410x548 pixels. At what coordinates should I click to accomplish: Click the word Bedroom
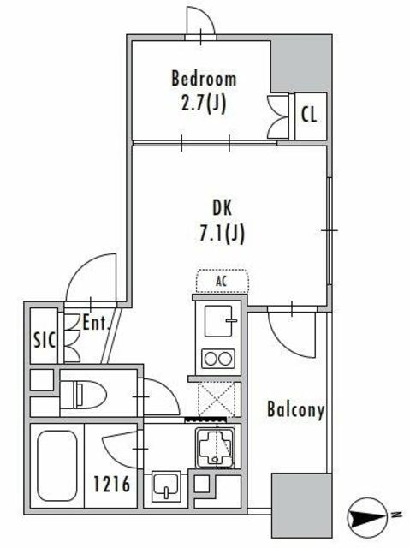pyautogui.click(x=204, y=79)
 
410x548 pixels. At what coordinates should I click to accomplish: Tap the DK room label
pyautogui.click(x=222, y=208)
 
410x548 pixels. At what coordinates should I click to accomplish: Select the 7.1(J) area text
pyautogui.click(x=222, y=233)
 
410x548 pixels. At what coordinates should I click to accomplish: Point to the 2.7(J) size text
pyautogui.click(x=204, y=103)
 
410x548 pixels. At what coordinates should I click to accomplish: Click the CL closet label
pyautogui.click(x=309, y=114)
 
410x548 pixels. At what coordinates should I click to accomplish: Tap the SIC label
pyautogui.click(x=44, y=340)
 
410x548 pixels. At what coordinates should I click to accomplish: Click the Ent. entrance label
pyautogui.click(x=97, y=323)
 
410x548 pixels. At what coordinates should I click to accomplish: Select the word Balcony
pyautogui.click(x=296, y=409)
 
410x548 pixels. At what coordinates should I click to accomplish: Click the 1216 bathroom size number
pyautogui.click(x=112, y=484)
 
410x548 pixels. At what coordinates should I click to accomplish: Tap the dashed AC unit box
pyautogui.click(x=222, y=281)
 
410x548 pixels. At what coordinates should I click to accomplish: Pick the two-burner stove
pyautogui.click(x=218, y=359)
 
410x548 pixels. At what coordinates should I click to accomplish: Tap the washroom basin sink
pyautogui.click(x=166, y=486)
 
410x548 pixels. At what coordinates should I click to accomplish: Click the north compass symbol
pyautogui.click(x=366, y=516)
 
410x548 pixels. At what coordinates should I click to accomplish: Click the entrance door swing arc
pyautogui.click(x=84, y=271)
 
